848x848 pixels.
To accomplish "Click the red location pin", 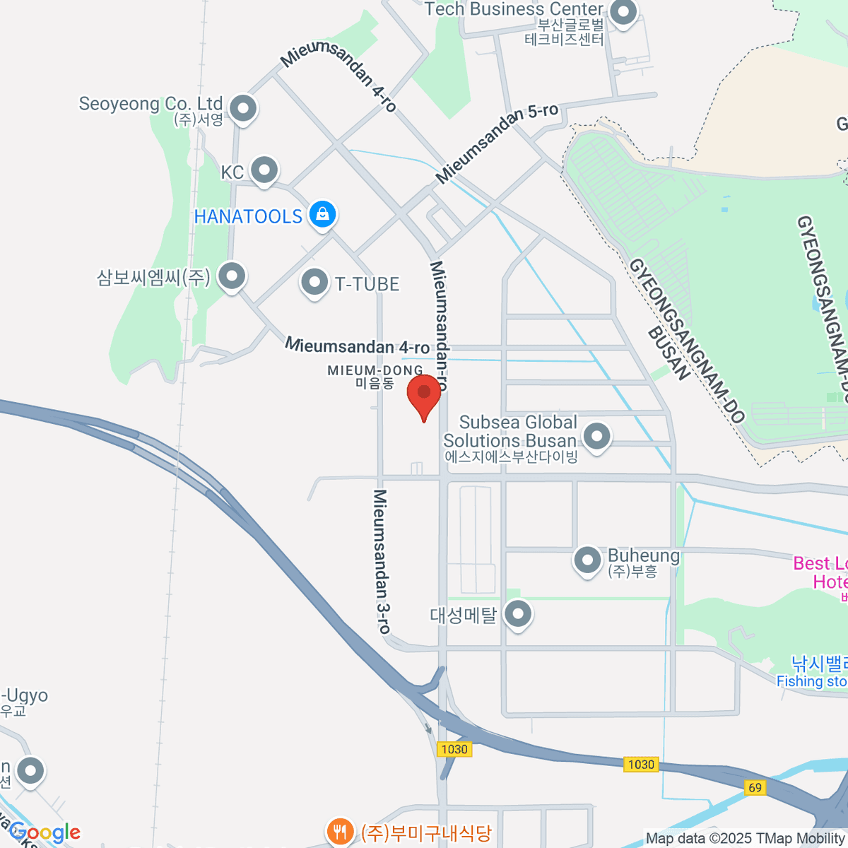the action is coord(424,394).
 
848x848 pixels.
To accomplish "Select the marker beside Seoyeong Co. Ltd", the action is coord(244,109).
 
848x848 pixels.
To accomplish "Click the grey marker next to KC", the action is coord(265,170).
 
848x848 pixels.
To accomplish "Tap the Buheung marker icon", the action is coord(587,561).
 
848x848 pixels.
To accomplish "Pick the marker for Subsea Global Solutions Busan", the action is coord(597,435).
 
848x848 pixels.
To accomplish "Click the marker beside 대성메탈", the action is coord(518,613).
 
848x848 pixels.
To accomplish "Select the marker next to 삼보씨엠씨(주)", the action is coord(231,276).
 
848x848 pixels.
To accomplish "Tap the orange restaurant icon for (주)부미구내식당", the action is coord(340,830).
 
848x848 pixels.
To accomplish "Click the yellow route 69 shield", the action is coord(755,787).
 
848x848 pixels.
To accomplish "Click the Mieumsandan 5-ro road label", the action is coord(497,143).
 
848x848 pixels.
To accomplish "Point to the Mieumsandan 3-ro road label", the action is coord(381,561).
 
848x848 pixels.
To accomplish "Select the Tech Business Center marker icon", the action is coord(623,12).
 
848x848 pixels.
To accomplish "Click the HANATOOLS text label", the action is coord(248,216).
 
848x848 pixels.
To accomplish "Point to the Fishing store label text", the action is coord(811,681).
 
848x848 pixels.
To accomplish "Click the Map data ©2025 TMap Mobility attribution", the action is coord(746,839).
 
